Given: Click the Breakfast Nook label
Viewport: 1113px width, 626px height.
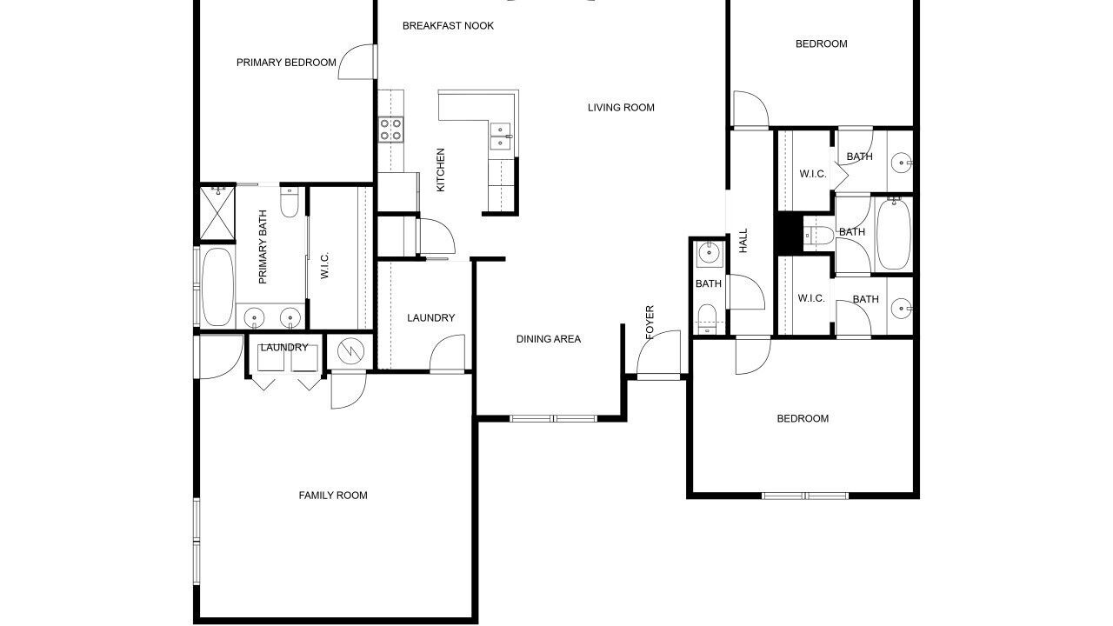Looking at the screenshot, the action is tap(448, 26).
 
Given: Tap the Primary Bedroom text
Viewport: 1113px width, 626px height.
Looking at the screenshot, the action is tap(286, 63).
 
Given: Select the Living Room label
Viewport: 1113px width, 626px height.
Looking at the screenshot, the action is tap(621, 107).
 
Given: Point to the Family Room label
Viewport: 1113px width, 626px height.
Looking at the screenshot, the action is tap(333, 496).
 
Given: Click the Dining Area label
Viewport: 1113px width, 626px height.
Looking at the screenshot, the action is tap(549, 339).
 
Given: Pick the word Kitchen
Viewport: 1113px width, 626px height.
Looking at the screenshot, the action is tap(440, 170).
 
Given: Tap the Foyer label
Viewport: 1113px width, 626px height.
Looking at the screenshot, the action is tap(650, 323).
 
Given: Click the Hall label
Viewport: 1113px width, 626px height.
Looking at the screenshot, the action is tap(743, 241).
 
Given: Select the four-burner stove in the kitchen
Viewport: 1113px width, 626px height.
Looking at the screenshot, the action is tap(390, 130).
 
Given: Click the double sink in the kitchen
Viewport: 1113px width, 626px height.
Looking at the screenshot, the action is tap(500, 137).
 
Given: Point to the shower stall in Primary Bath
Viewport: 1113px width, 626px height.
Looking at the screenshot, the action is tap(217, 213).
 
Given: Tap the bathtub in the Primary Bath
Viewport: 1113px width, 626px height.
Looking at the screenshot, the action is tap(217, 287).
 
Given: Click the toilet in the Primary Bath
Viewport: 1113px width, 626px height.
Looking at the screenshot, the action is tap(290, 202).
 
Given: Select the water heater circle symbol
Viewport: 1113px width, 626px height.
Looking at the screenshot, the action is tap(350, 351).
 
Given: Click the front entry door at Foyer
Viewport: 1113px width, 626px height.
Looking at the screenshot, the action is tap(659, 354).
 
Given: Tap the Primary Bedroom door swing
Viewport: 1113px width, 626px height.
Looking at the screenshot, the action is tap(357, 62).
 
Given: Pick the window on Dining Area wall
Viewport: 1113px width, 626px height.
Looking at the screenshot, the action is tap(554, 419).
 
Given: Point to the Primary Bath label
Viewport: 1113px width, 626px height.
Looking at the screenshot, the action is tap(263, 247).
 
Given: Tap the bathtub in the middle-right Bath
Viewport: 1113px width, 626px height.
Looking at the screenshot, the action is tap(893, 234).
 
